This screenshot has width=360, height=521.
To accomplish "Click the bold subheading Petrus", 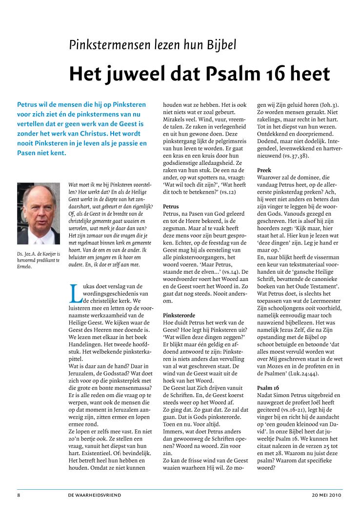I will [x=171, y=207].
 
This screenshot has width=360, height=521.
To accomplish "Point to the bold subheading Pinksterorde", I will [x=178, y=316].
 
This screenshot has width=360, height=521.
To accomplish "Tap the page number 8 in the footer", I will [x=19, y=495].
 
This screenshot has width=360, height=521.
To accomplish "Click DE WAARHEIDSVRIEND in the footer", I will [x=95, y=495].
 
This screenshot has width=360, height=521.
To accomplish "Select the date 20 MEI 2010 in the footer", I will [x=327, y=495].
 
